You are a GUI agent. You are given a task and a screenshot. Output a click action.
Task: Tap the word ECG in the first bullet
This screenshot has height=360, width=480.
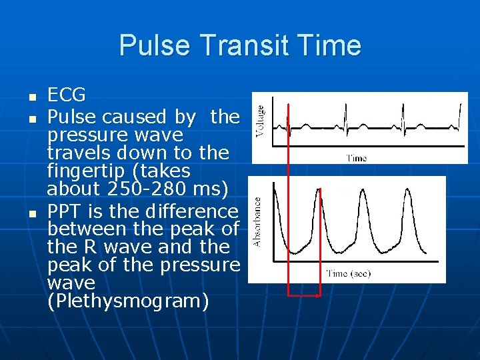67,96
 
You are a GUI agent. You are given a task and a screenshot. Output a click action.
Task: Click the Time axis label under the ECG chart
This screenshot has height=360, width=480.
356,159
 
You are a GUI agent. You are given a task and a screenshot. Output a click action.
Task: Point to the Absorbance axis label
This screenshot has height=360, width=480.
257,221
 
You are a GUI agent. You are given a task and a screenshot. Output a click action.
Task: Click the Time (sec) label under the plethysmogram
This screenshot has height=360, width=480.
348,273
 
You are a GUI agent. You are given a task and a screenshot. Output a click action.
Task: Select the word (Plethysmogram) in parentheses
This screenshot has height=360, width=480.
128,301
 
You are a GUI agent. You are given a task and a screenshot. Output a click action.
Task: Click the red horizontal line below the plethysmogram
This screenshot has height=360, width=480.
303,294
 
